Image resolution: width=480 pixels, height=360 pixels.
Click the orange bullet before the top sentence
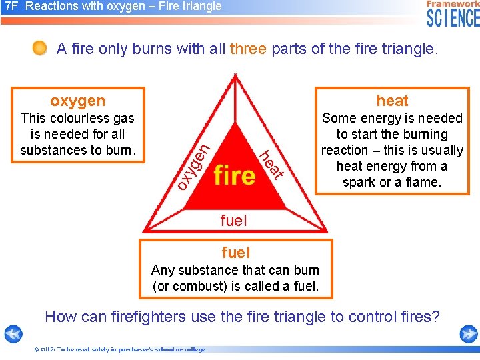[40, 48]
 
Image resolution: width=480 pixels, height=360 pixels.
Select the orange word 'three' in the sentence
[248, 49]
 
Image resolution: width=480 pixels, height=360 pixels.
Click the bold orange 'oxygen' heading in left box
[77, 101]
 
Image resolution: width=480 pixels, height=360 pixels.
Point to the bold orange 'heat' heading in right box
[392, 101]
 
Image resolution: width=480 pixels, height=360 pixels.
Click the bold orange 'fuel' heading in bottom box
[235, 253]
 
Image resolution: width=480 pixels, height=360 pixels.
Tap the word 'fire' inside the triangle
[235, 175]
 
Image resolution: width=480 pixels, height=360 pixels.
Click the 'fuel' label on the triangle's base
[233, 220]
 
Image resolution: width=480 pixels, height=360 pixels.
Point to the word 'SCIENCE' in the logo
[453, 18]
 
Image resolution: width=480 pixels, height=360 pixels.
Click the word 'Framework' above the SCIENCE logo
[453, 4]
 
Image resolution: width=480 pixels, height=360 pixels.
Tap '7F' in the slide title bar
[11, 7]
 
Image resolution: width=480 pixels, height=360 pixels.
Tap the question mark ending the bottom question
[436, 317]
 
